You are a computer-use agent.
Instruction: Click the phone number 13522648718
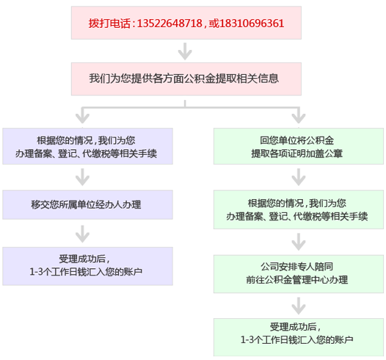coord(170,24)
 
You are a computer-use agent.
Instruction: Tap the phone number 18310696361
coord(252,24)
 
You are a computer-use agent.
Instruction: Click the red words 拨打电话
coord(109,24)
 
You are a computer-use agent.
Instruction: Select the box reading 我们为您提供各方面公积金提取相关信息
coord(186,79)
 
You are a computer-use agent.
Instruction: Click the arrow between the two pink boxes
coord(185,51)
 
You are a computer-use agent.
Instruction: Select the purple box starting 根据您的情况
coord(87,146)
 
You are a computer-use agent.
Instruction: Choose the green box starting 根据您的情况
coord(299,209)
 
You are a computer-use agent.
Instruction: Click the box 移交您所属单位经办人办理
coord(87,205)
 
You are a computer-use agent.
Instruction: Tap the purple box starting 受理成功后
coord(87,266)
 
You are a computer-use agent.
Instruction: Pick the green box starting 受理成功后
coord(299,337)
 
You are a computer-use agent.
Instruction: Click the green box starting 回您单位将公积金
coord(299,146)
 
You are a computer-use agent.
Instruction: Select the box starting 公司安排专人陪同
coord(299,274)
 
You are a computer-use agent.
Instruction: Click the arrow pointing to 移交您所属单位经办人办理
coord(82,177)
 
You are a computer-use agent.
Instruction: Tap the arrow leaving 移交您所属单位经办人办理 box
coord(82,234)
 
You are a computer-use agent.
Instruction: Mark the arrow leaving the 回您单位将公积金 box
coord(299,177)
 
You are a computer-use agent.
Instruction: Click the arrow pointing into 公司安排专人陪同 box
coord(299,242)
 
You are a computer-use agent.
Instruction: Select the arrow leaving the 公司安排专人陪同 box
coord(299,306)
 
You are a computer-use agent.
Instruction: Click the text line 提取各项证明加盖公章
coord(297,154)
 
